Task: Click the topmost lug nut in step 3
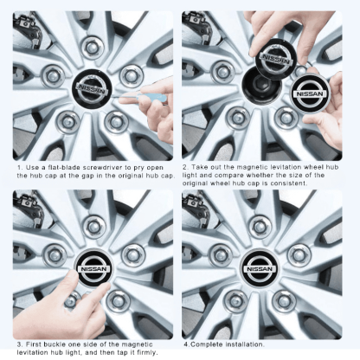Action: pos(93,227)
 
